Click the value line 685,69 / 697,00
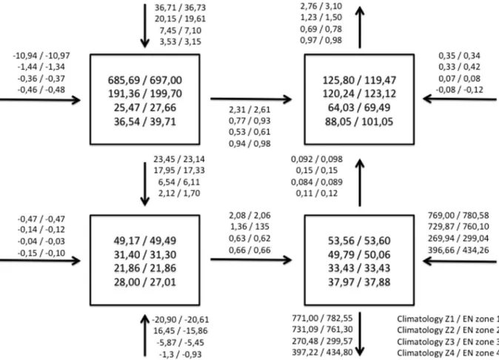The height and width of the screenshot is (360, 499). tap(145, 80)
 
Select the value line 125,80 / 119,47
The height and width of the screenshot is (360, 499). tap(359, 80)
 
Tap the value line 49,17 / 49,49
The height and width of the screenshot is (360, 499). tap(145, 241)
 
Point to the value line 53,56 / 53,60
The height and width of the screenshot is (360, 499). tap(359, 241)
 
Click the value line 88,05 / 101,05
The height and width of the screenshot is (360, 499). tap(359, 121)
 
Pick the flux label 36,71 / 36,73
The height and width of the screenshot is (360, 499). tap(181, 7)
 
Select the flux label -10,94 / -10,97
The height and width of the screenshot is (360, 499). tap(41, 56)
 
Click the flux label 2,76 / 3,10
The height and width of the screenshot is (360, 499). tap(321, 6)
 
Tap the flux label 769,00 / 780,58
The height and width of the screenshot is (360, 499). tap(458, 216)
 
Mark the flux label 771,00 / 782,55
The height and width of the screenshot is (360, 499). tap(322, 319)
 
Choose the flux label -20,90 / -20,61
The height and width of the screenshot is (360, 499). tap(181, 319)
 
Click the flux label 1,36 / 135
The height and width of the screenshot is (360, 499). tap(249, 227)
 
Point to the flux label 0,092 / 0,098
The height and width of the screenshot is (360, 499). tap(317, 159)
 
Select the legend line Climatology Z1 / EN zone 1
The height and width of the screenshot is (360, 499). tap(447, 319)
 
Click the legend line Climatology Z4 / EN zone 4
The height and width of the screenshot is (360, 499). tap(447, 353)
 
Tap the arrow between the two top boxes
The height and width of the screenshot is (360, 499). tap(251, 99)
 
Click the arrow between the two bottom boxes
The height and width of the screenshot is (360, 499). tap(251, 260)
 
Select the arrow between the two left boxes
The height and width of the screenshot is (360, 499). tap(145, 184)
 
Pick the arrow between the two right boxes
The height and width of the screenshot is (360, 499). tap(360, 183)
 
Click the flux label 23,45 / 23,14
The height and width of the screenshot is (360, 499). tap(179, 159)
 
